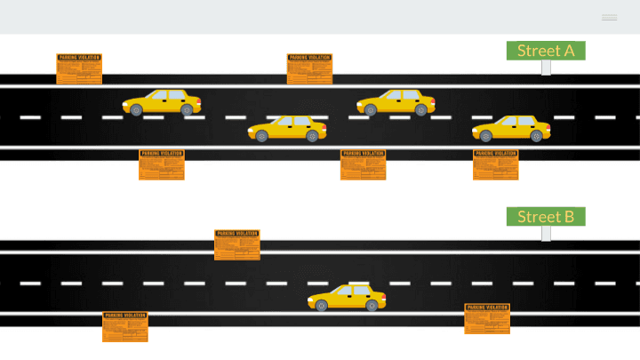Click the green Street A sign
click(546, 51)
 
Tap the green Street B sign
click(546, 217)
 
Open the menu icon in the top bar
click(609, 18)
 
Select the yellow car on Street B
click(347, 297)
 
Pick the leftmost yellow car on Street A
click(162, 102)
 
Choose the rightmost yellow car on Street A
click(511, 128)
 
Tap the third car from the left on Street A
click(396, 102)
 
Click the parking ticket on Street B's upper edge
click(237, 244)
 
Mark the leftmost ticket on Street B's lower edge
click(125, 326)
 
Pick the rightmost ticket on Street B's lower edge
click(487, 318)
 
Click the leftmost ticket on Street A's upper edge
click(79, 68)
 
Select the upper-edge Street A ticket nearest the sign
click(309, 68)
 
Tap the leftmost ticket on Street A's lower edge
click(162, 164)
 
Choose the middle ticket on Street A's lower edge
click(363, 164)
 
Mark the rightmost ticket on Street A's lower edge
click(495, 164)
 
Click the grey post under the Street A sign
click(546, 68)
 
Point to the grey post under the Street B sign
click(546, 233)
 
